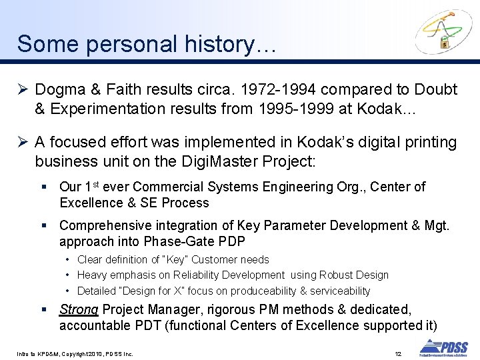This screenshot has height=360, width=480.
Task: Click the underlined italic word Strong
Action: [79, 310]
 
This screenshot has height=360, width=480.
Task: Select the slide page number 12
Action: [398, 353]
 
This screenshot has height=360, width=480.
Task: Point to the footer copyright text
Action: [75, 353]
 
